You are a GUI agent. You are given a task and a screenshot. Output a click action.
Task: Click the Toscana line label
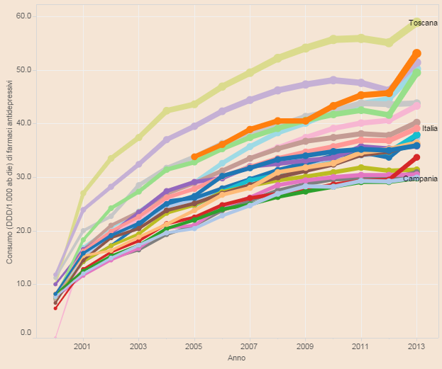coord(423,23)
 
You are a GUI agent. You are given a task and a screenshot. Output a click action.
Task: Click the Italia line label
coord(429,129)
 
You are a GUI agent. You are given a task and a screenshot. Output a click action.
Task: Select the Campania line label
coord(420,178)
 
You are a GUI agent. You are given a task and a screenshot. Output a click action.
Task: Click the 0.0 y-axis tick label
coord(26,332)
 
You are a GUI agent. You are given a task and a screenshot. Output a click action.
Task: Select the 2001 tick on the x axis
coord(83,348)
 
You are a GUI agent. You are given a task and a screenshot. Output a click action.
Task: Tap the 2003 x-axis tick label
coord(138,348)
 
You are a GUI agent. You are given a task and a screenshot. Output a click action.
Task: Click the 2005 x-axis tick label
coord(194,348)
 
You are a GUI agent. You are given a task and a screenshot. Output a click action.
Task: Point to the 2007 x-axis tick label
coord(249,348)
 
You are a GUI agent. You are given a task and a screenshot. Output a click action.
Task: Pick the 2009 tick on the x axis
coord(305,348)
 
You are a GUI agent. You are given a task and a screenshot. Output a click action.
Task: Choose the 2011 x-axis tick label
coord(360,348)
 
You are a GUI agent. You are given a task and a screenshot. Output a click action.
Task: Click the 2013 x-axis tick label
coord(416,348)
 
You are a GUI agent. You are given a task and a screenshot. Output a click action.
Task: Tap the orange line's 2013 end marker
coord(416,54)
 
